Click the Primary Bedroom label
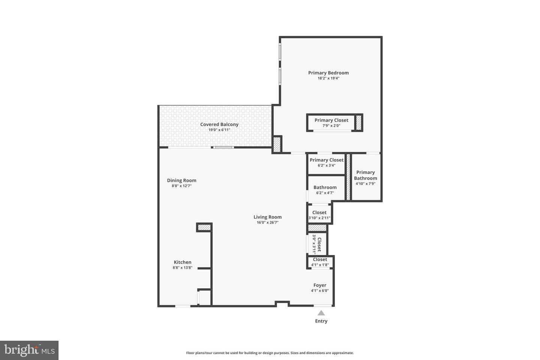click(328, 73)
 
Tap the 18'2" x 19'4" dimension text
click(328, 78)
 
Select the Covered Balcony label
click(219, 124)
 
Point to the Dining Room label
click(181, 180)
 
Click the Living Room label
click(267, 217)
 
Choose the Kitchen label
click(183, 262)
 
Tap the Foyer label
click(319, 285)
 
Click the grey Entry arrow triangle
click(321, 313)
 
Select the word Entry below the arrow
click(321, 321)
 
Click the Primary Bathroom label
click(366, 175)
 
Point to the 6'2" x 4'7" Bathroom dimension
click(325, 193)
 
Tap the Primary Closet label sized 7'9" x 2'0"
click(331, 120)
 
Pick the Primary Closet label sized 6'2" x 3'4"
click(326, 160)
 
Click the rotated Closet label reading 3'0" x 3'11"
click(319, 244)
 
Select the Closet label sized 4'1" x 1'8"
click(320, 259)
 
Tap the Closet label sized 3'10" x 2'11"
click(319, 212)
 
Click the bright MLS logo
click(29, 350)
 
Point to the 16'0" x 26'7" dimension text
click(267, 222)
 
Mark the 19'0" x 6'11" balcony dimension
click(219, 130)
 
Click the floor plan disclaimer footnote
click(270, 353)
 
